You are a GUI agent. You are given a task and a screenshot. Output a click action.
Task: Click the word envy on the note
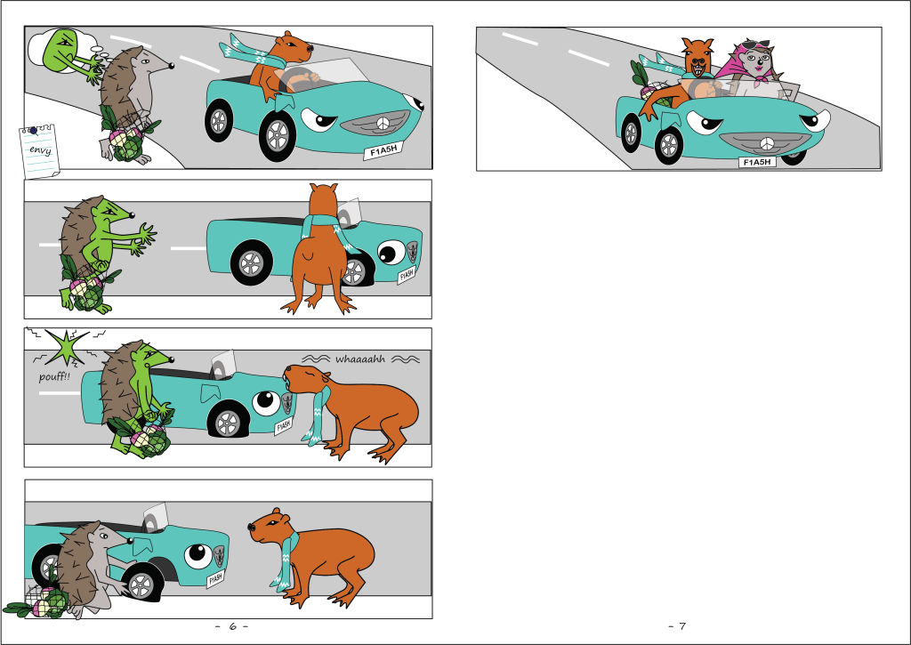40,150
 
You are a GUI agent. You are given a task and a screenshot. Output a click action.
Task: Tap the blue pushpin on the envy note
33,131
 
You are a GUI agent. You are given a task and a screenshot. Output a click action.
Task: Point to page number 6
232,626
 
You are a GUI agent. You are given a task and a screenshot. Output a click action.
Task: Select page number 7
682,626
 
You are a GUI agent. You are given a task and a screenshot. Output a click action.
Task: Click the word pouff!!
54,376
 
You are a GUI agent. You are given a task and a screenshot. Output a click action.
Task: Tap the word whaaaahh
360,359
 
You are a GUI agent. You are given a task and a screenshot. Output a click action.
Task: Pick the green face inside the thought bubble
61,49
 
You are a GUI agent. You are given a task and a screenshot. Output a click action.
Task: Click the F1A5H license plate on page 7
757,162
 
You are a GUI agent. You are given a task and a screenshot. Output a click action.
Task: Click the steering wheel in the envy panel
295,79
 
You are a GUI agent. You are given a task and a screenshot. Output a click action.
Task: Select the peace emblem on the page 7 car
767,143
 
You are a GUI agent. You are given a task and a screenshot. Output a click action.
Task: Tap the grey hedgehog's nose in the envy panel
172,66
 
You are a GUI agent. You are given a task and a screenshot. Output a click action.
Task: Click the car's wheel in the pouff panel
229,422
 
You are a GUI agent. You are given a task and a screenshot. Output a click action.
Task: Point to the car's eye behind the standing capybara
391,252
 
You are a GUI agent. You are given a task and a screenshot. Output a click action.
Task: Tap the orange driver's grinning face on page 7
699,60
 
